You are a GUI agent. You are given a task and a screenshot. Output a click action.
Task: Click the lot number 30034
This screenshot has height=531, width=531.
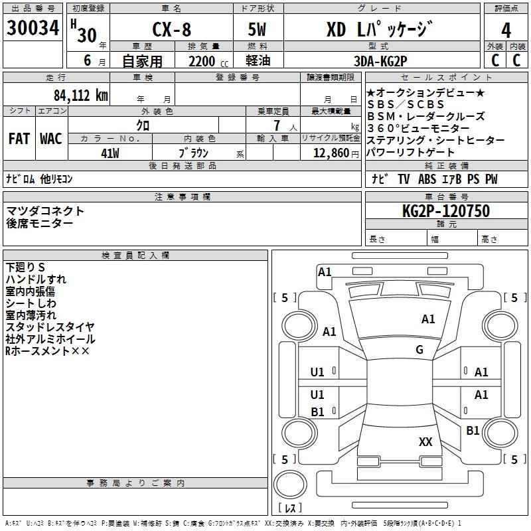click(33, 29)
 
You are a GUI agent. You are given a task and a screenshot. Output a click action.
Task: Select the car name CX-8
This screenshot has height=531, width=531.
click(171, 31)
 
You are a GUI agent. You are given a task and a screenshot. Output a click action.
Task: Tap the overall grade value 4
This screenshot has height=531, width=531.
click(506, 31)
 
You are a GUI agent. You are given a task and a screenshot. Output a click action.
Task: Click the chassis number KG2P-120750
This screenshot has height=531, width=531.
click(445, 211)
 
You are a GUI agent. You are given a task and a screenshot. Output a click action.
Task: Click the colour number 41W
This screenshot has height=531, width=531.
click(110, 153)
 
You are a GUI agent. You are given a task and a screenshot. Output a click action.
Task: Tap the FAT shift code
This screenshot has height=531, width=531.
click(19, 139)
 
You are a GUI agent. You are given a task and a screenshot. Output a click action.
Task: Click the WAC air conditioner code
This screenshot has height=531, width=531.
click(51, 139)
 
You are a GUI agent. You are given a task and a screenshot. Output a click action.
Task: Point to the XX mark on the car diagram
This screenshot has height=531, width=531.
click(425, 441)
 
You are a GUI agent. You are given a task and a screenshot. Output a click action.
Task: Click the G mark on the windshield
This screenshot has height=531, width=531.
click(419, 350)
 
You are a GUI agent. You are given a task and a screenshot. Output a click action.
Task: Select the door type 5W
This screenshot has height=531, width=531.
click(258, 31)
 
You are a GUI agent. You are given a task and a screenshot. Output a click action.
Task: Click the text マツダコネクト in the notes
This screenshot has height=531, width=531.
click(46, 211)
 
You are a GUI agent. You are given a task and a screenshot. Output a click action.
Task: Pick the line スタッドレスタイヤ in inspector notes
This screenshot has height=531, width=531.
click(50, 327)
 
